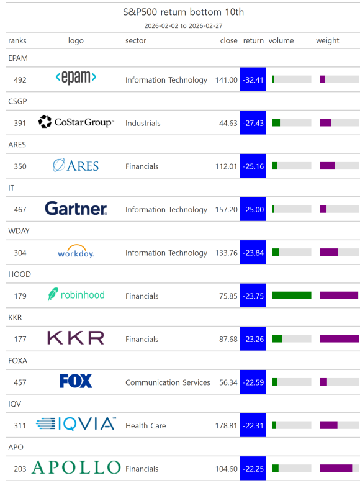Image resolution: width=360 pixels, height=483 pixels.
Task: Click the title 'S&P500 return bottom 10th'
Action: click(183, 12)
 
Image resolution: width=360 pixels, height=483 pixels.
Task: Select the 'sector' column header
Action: click(135, 40)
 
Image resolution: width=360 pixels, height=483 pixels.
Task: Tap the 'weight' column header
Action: click(327, 40)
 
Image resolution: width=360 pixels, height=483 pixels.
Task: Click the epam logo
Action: click(76, 78)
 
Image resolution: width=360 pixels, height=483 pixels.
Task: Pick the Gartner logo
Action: click(76, 208)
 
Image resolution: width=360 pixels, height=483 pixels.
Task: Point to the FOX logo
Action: click(76, 381)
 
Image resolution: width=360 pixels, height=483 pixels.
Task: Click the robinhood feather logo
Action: click(53, 294)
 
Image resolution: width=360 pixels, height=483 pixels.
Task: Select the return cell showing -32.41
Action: click(253, 79)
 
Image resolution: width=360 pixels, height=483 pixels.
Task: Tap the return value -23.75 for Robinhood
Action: click(253, 296)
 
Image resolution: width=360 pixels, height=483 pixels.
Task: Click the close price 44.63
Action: click(228, 123)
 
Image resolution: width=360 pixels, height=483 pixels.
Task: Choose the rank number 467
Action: click(20, 210)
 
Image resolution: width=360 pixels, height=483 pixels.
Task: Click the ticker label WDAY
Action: click(19, 231)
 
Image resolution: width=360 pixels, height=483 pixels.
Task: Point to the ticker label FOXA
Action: click(18, 361)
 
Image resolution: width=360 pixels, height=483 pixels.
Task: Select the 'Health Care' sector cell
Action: click(146, 426)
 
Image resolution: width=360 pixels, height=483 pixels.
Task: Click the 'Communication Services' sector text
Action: click(168, 382)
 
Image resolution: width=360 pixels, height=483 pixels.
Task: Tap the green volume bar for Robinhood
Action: click(292, 296)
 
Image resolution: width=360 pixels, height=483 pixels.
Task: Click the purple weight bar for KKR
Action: click(339, 339)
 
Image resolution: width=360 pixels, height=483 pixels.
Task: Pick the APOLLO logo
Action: click(76, 467)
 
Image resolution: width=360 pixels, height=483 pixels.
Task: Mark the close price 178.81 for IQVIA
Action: click(227, 426)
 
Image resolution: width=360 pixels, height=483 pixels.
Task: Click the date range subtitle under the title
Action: click(183, 26)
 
